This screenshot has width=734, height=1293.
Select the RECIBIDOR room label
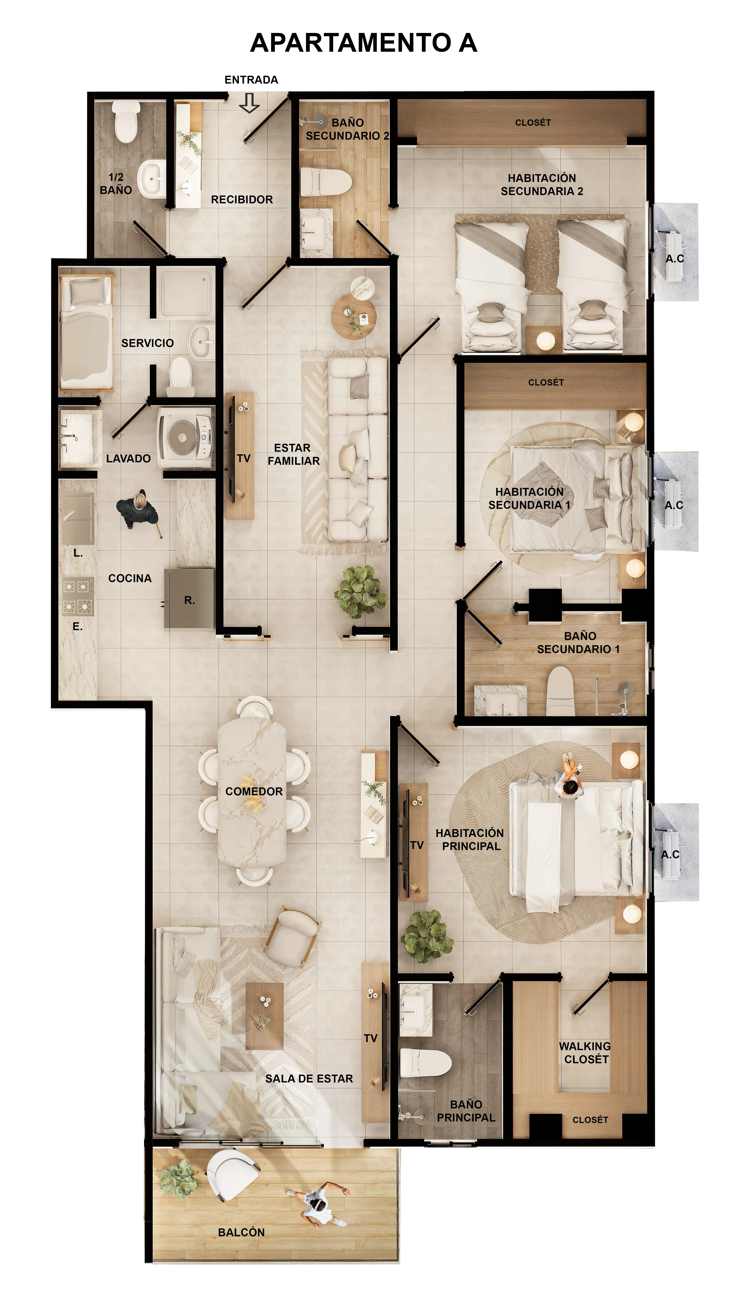[x=242, y=200]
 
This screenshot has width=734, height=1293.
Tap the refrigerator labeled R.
[x=190, y=599]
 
